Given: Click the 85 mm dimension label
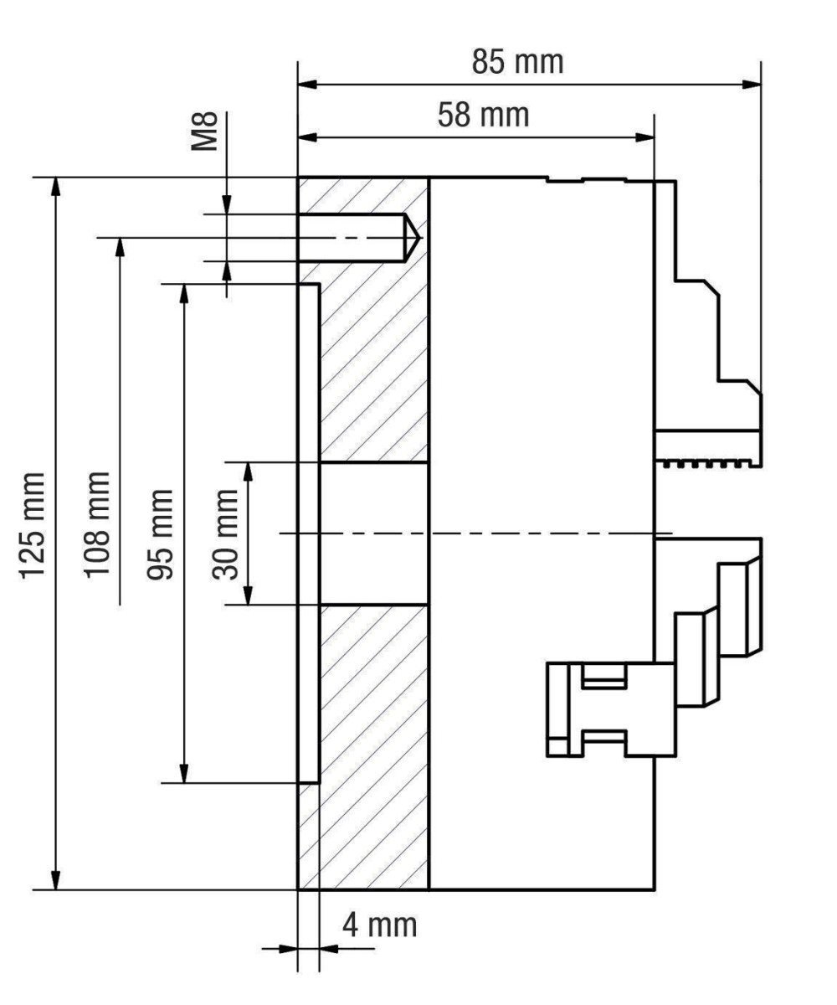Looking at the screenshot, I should click(516, 64).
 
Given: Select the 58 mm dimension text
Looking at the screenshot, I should click(483, 114).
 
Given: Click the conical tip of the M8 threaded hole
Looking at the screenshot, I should click(413, 238).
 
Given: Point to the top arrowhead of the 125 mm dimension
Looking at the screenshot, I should click(55, 188).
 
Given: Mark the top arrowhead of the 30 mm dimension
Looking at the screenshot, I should click(248, 472).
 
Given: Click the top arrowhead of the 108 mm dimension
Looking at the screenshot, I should click(121, 249).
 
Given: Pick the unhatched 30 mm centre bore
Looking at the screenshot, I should click(372, 533).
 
